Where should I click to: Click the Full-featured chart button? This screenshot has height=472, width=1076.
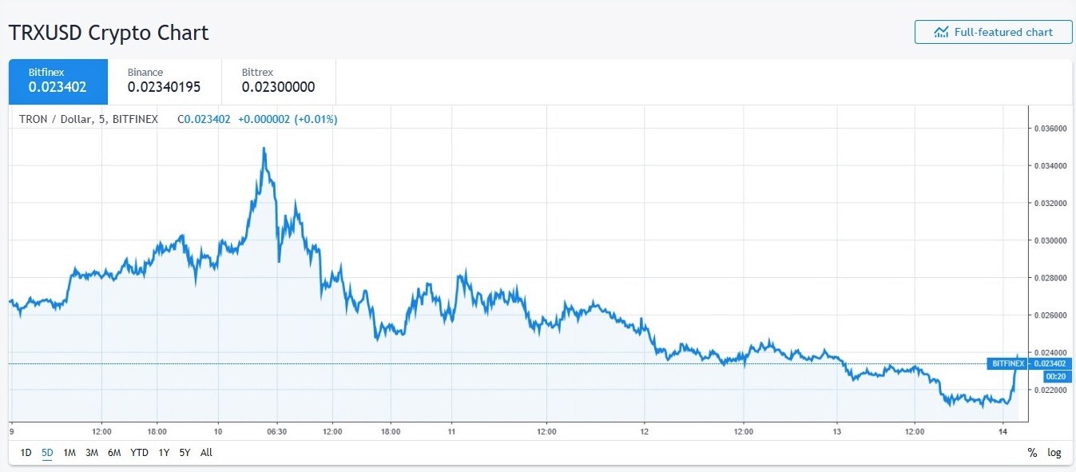pyautogui.click(x=993, y=32)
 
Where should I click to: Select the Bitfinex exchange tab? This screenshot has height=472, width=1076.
pyautogui.click(x=58, y=81)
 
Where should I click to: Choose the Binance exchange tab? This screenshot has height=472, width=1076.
pyautogui.click(x=164, y=81)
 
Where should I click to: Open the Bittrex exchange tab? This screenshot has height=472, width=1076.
pyautogui.click(x=278, y=81)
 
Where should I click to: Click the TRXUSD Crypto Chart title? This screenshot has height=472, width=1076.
pyautogui.click(x=109, y=33)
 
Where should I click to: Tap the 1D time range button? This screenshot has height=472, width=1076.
pyautogui.click(x=26, y=453)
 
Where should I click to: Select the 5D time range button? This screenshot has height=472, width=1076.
pyautogui.click(x=47, y=453)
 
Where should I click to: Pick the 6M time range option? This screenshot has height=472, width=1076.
pyautogui.click(x=114, y=453)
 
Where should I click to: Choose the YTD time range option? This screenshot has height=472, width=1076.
pyautogui.click(x=139, y=453)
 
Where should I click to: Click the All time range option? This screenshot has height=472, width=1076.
pyautogui.click(x=206, y=453)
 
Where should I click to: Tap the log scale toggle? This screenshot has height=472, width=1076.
pyautogui.click(x=1054, y=453)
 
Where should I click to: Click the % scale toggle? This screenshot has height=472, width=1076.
pyautogui.click(x=1032, y=453)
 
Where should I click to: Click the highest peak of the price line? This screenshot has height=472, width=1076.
pyautogui.click(x=264, y=148)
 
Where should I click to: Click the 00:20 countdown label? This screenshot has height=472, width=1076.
pyautogui.click(x=1055, y=376)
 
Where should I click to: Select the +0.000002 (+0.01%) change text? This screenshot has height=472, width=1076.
pyautogui.click(x=288, y=120)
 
